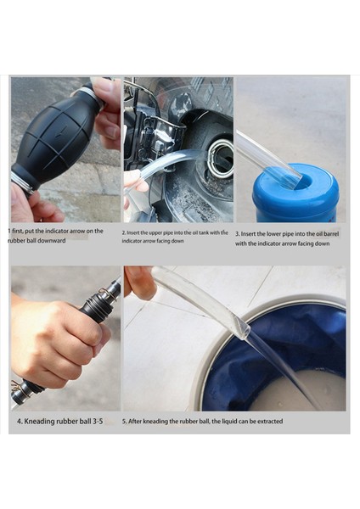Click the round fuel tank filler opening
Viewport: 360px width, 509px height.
coord(221,159)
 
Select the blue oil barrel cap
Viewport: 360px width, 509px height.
coord(295,192)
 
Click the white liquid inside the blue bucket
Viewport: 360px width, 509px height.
coord(301,391)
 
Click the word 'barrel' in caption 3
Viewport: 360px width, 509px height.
coord(330,234)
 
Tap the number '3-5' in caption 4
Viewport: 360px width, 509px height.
coord(98,422)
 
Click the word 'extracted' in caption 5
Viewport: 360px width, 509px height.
coord(270,422)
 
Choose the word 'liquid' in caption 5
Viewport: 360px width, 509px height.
coord(230,422)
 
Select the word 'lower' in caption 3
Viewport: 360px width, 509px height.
coord(274,234)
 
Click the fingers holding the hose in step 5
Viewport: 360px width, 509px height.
coord(139,282)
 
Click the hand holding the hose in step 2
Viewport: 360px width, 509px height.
coord(135,185)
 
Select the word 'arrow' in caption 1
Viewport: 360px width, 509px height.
coord(78,231)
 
